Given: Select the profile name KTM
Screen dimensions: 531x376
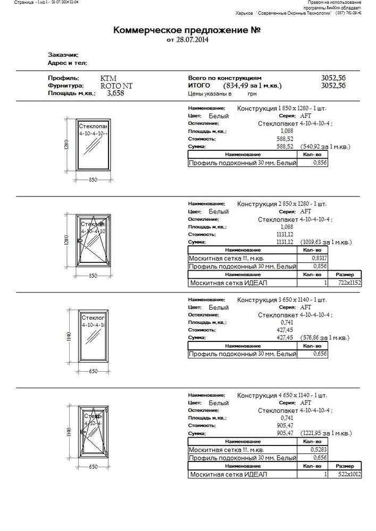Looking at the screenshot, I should [108, 78].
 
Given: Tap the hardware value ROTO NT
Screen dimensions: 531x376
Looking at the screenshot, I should [116, 85].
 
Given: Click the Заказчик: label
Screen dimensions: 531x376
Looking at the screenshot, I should [63, 55].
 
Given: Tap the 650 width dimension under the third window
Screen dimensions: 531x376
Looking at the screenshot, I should [93, 371].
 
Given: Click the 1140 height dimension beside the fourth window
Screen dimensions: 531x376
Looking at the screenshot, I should [69, 433].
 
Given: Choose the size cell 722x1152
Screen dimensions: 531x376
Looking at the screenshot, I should [349, 283].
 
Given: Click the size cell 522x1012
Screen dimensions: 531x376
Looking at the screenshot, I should [349, 474].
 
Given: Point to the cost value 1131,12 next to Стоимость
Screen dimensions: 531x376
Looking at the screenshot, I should [285, 234].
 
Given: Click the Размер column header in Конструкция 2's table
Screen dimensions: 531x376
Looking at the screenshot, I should [345, 275].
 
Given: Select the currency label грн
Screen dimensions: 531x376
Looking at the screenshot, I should [252, 93].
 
